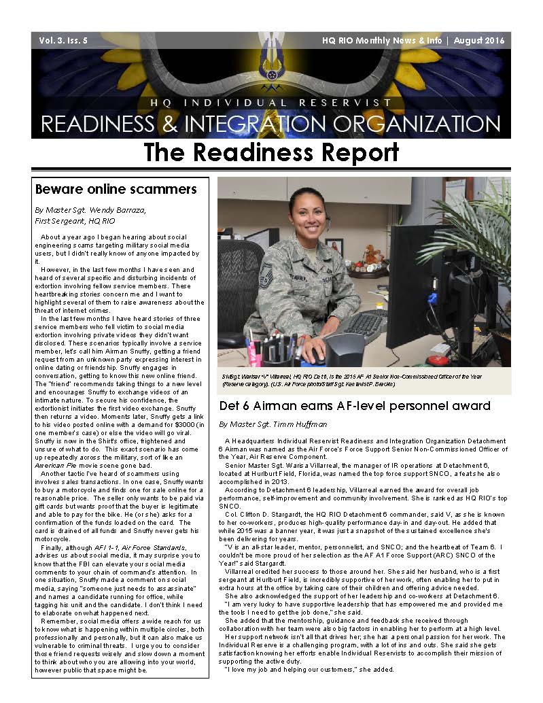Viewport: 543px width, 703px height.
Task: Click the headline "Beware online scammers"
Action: pos(116,188)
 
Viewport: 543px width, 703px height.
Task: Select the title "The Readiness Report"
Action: pos(270,152)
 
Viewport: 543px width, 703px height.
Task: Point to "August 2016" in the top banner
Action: pos(479,41)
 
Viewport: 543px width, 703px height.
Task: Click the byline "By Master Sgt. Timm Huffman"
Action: pos(272,424)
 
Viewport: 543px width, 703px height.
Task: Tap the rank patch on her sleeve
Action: pos(266,275)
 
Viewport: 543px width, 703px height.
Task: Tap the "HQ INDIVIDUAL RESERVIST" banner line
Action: pos(270,103)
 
